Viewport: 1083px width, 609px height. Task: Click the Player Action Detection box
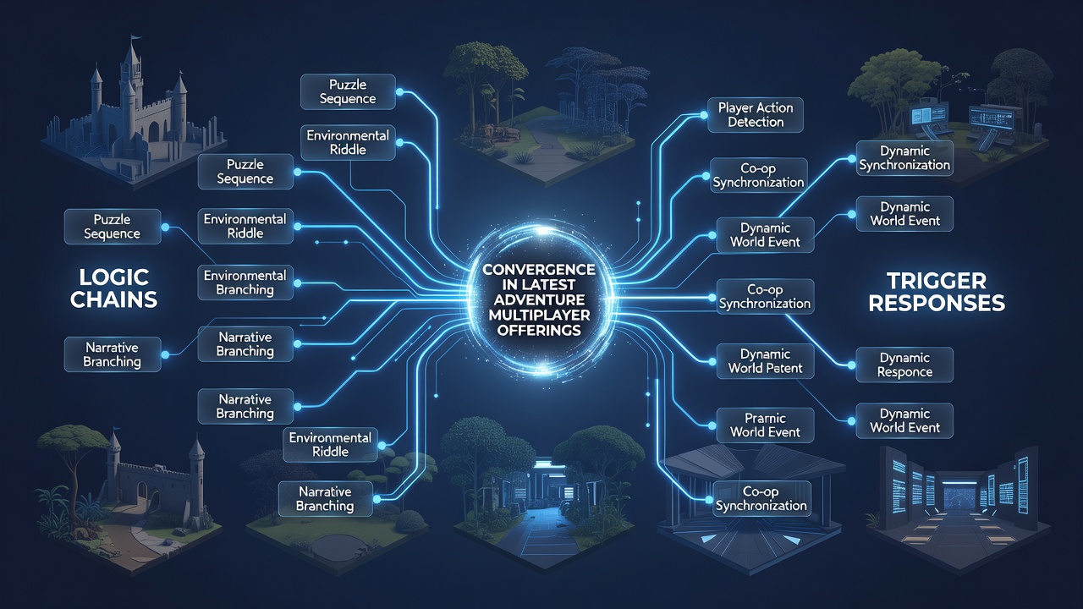[x=756, y=115]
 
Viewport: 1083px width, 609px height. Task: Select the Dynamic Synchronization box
[x=904, y=158]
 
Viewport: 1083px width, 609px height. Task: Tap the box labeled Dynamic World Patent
[x=765, y=361]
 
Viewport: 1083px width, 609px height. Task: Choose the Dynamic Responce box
[x=904, y=365]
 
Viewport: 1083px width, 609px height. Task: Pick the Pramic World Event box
[x=765, y=425]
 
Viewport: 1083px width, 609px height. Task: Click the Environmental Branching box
[x=245, y=283]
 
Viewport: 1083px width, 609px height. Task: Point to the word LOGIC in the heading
[x=113, y=277]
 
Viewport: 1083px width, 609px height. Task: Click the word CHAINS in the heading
[x=113, y=299]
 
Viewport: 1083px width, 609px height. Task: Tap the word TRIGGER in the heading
[x=937, y=281]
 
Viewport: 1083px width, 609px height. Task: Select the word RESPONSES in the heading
[x=937, y=304]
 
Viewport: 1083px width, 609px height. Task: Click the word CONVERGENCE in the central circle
[x=539, y=269]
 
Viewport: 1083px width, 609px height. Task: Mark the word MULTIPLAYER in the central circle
[x=539, y=315]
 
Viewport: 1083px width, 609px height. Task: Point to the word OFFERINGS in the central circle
[x=539, y=331]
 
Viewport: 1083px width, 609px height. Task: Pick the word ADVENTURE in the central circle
[x=539, y=299]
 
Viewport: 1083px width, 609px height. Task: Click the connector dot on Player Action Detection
[x=703, y=116]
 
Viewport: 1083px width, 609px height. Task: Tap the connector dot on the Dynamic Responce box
[x=852, y=365]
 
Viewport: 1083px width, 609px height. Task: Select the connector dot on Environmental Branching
[x=297, y=283]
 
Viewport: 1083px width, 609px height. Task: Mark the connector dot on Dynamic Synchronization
[x=852, y=158]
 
